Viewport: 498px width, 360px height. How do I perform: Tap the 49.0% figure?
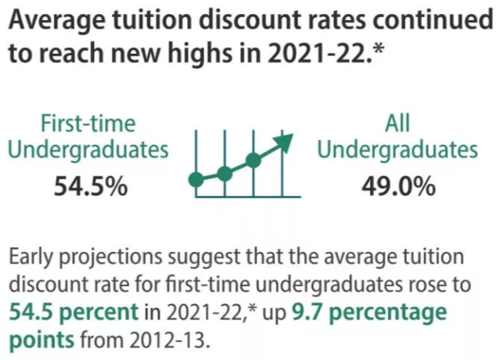398,186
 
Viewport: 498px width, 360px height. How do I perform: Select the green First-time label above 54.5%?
88,124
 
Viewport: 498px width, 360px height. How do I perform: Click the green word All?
398,124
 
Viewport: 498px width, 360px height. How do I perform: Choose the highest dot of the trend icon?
253,160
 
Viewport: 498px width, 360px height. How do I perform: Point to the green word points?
41,340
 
